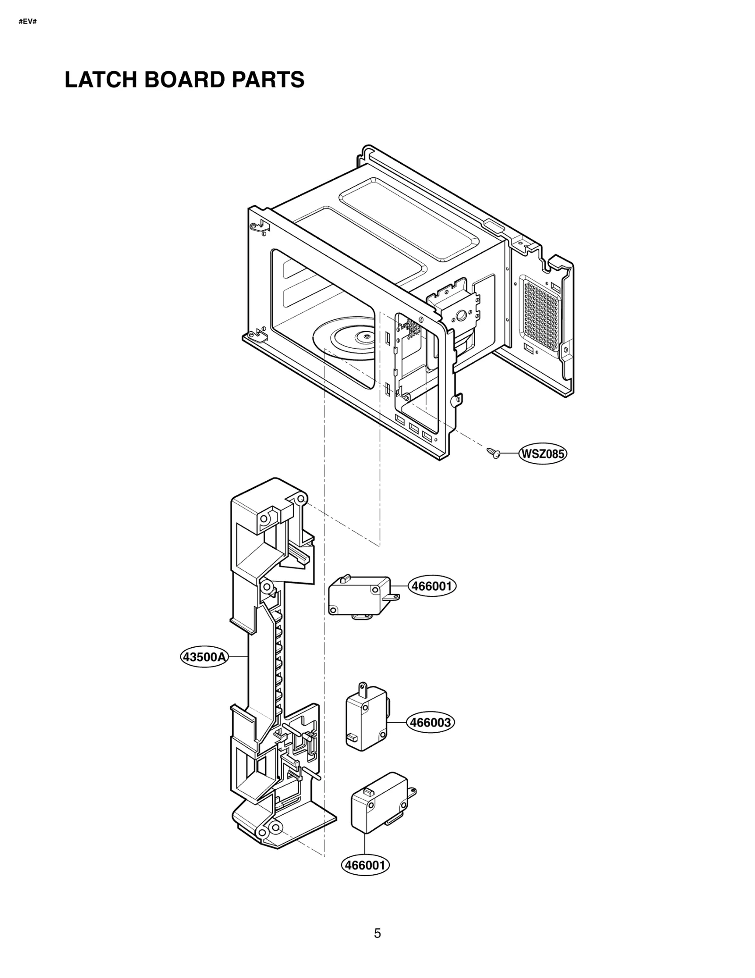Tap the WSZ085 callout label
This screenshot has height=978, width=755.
(543, 454)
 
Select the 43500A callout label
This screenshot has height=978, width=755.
(205, 657)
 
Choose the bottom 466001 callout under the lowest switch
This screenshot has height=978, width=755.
(366, 865)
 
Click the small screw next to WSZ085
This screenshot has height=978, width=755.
(493, 453)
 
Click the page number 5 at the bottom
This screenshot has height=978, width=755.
(377, 933)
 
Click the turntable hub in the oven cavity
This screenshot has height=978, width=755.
(364, 336)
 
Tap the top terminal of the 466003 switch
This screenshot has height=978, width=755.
(362, 689)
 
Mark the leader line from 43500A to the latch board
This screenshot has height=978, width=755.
(239, 656)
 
